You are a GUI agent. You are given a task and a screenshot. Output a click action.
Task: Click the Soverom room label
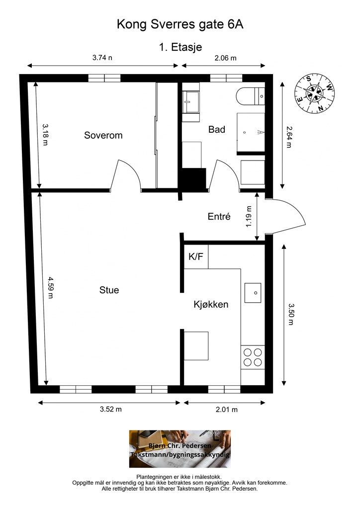pos(103,135)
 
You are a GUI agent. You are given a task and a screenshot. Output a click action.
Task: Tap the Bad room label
pos(216,130)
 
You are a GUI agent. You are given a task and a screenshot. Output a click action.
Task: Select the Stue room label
pos(109,290)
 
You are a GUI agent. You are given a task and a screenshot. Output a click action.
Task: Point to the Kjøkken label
pos(211,305)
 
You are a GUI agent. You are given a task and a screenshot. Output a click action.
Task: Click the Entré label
pos(219,216)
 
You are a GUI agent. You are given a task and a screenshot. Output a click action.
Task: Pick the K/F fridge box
pos(196,256)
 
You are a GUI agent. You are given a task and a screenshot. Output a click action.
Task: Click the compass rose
pos(315,93)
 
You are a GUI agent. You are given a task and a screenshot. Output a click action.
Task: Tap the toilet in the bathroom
pos(251,96)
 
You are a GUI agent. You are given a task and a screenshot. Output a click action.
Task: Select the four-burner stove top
pos(253,357)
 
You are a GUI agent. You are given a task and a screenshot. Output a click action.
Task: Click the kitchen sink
pos(253,293)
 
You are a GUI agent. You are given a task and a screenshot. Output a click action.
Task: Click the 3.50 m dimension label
pos(291,314)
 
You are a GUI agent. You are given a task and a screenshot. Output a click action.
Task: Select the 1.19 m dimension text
pos(249,217)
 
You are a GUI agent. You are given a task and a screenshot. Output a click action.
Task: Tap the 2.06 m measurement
pos(225,58)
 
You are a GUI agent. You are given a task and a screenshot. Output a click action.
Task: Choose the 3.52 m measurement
pos(111,409)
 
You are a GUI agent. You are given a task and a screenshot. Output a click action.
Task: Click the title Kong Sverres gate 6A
pos(180,24)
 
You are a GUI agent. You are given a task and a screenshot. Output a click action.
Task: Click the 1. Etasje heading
pos(180,47)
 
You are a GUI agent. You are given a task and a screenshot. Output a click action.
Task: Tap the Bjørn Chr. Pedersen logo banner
pos(180,449)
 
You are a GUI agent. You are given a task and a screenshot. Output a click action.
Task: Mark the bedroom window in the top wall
pos(104,78)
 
